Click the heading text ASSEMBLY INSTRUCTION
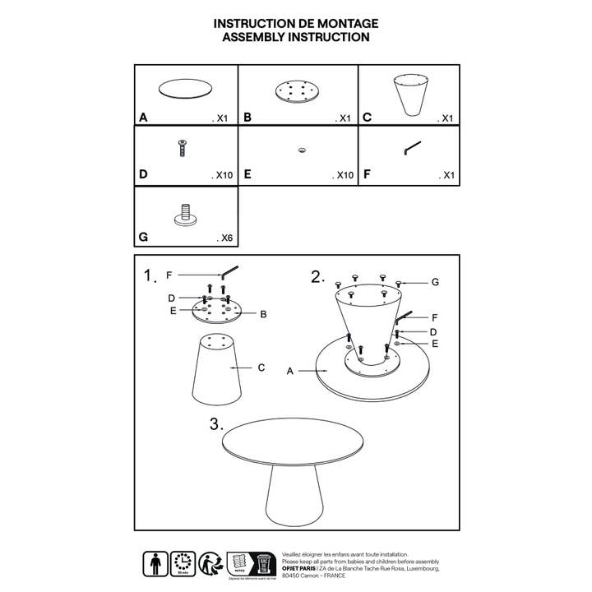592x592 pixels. point(296,37)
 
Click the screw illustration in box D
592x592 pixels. point(183,149)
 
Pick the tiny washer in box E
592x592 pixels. point(302,150)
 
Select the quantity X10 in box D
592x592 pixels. point(222,175)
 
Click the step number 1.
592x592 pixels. point(149,275)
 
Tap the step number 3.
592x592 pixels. point(216,424)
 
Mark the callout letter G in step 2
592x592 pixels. point(435,282)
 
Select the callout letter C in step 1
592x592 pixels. point(261,368)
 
